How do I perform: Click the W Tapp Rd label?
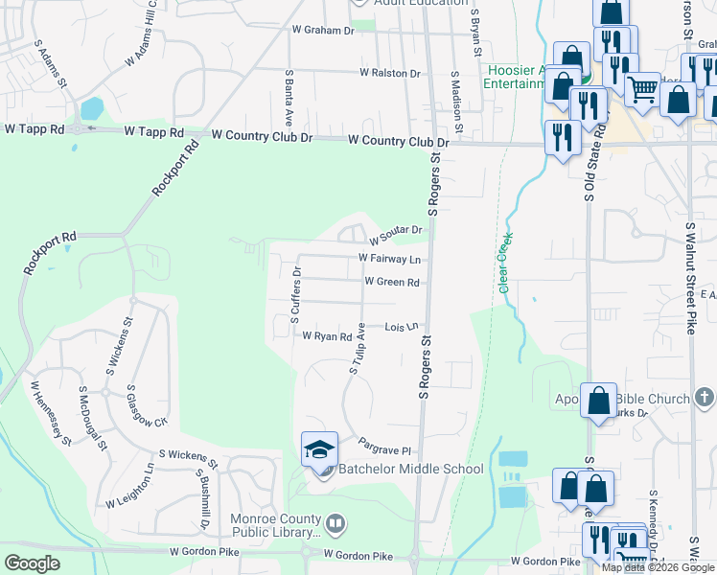[35, 128]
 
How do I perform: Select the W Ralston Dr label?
[390, 73]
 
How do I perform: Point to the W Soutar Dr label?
[396, 230]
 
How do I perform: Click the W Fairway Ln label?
[389, 259]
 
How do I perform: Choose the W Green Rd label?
[392, 282]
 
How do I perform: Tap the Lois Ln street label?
[403, 327]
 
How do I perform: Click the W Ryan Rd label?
[327, 336]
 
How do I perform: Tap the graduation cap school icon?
[320, 448]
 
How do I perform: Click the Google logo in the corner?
[32, 563]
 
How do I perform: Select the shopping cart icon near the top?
[642, 88]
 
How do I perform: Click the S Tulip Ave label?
[358, 347]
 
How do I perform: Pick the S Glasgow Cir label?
[148, 408]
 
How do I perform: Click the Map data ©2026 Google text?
[658, 567]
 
